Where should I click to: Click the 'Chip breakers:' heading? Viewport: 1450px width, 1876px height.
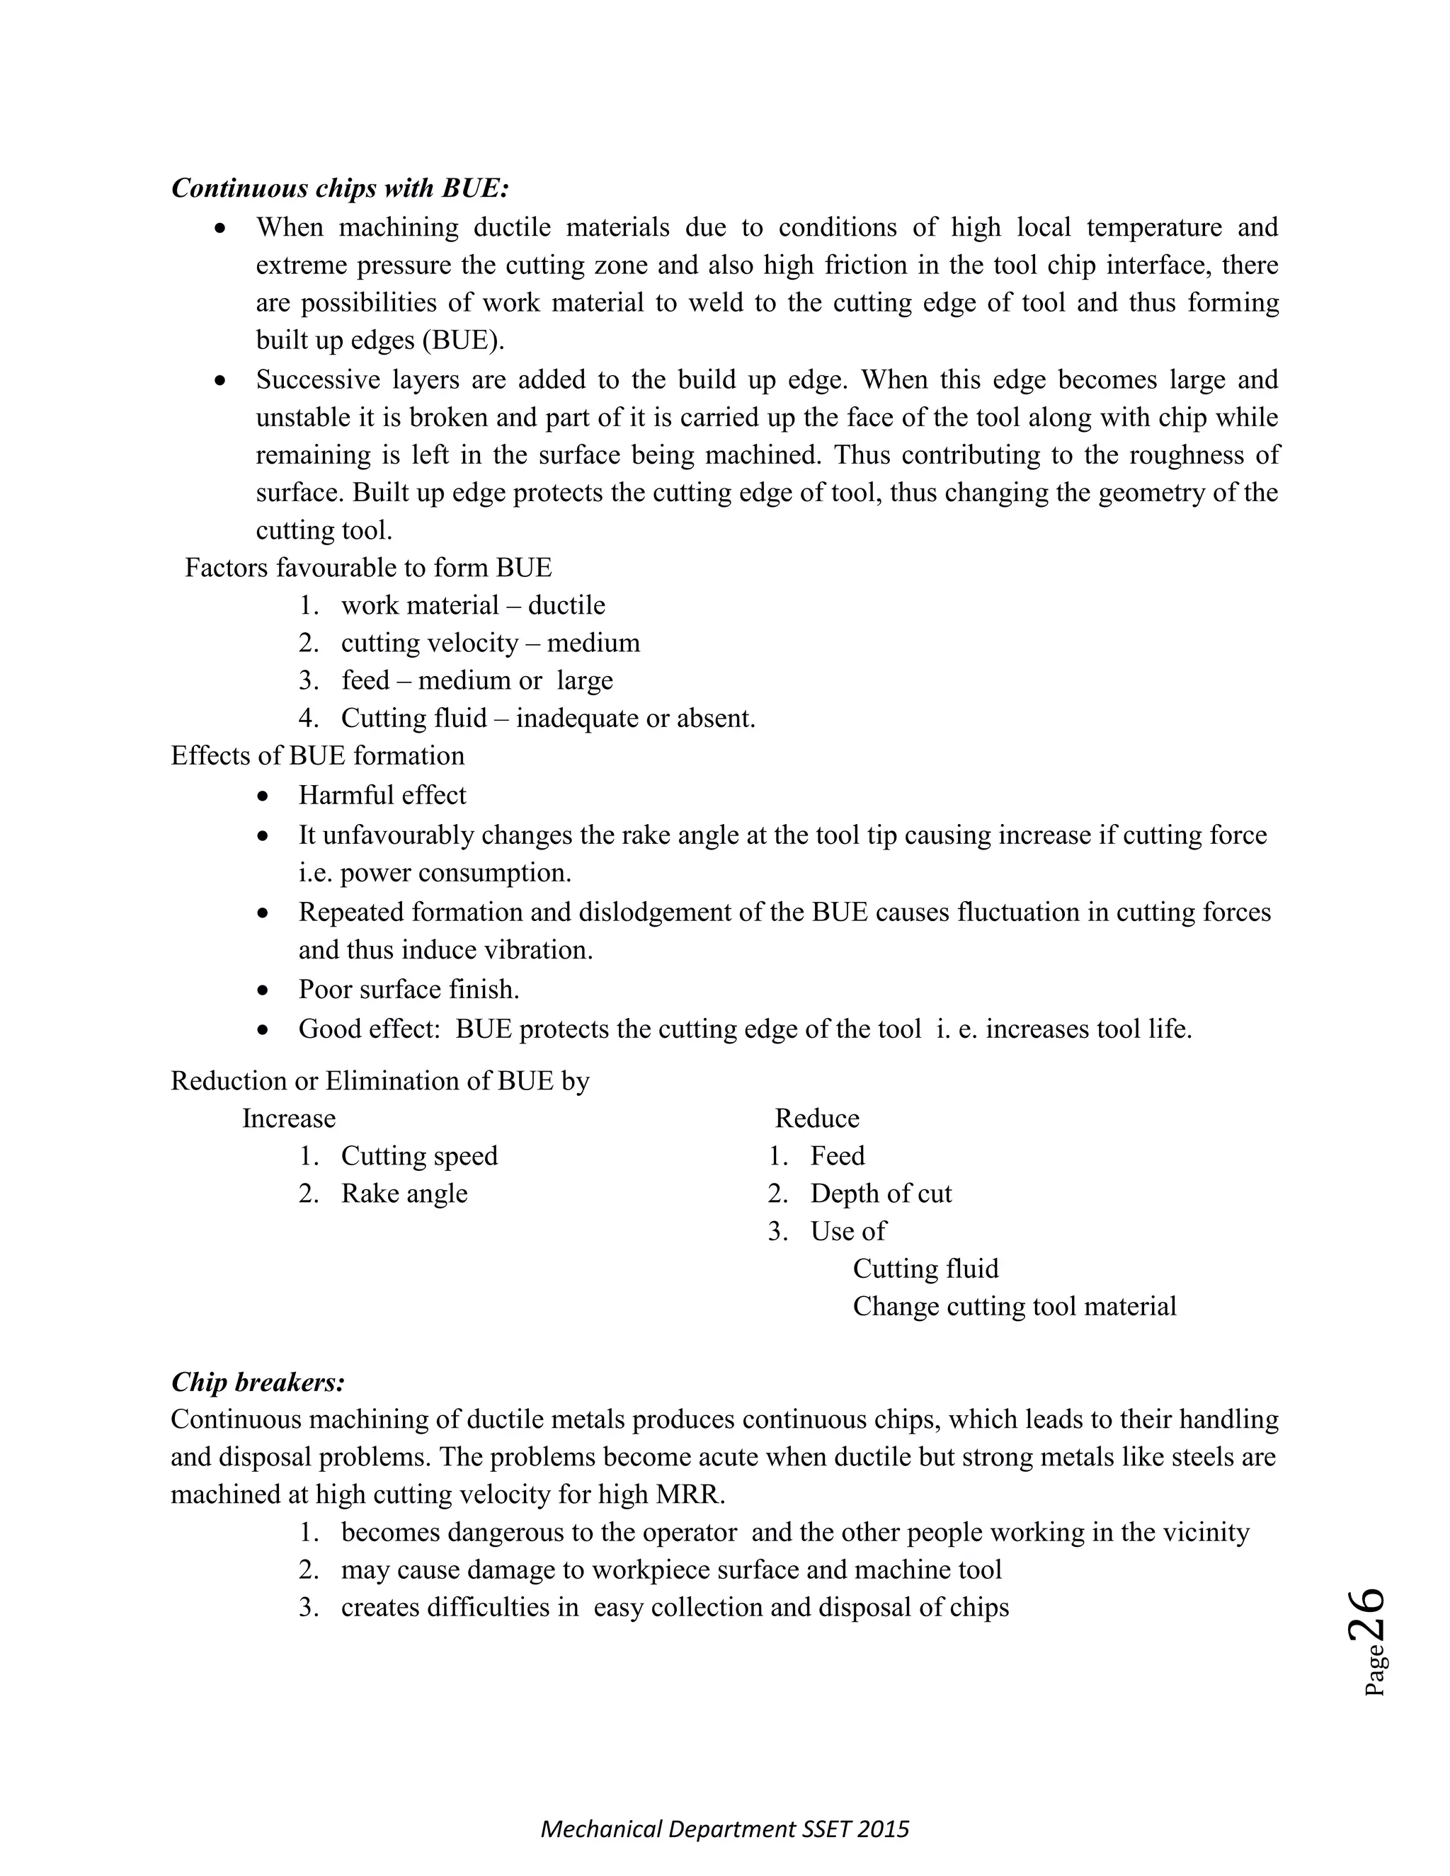pyautogui.click(x=258, y=1382)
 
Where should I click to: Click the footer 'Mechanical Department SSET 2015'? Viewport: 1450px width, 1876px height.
pyautogui.click(x=724, y=1829)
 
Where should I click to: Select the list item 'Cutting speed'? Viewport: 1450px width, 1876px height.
pyautogui.click(x=419, y=1156)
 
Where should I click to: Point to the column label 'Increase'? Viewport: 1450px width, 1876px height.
pyautogui.click(x=289, y=1119)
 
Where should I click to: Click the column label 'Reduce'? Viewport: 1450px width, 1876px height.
pyautogui.click(x=816, y=1119)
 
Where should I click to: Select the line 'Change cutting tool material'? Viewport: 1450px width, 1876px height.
pyautogui.click(x=1014, y=1307)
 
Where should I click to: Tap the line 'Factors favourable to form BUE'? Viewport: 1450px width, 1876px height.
pyautogui.click(x=368, y=568)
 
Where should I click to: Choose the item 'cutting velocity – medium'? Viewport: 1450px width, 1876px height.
pyautogui.click(x=490, y=644)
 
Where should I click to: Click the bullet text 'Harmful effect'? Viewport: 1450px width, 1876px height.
pyautogui.click(x=382, y=796)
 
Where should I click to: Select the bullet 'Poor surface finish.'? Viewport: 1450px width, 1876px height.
pyautogui.click(x=409, y=990)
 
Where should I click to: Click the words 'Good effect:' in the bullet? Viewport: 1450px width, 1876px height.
pyautogui.click(x=370, y=1029)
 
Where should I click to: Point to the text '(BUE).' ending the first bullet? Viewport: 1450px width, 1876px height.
pyautogui.click(x=463, y=341)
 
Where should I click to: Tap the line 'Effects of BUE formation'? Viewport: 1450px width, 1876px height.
pyautogui.click(x=318, y=756)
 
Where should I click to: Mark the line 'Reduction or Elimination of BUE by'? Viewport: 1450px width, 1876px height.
pyautogui.click(x=379, y=1080)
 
